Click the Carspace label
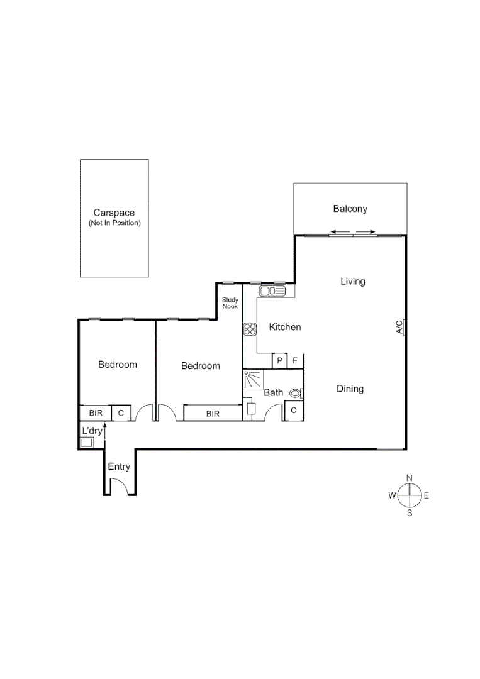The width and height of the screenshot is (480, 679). click(114, 213)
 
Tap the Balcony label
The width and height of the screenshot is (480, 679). click(350, 209)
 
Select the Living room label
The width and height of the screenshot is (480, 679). click(352, 281)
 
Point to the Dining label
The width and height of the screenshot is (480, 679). click(350, 389)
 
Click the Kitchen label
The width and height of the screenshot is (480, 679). click(285, 327)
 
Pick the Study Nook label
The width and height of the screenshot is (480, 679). click(230, 303)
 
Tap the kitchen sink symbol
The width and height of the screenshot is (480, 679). click(272, 291)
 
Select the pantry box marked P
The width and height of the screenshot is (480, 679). click(279, 361)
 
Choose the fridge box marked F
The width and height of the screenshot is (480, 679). click(294, 361)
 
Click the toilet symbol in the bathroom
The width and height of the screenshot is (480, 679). click(296, 394)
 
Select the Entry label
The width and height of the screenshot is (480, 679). click(119, 466)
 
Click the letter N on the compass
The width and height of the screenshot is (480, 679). click(409, 478)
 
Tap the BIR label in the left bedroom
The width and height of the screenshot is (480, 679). click(96, 413)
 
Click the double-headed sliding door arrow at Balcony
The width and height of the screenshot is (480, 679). click(352, 233)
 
